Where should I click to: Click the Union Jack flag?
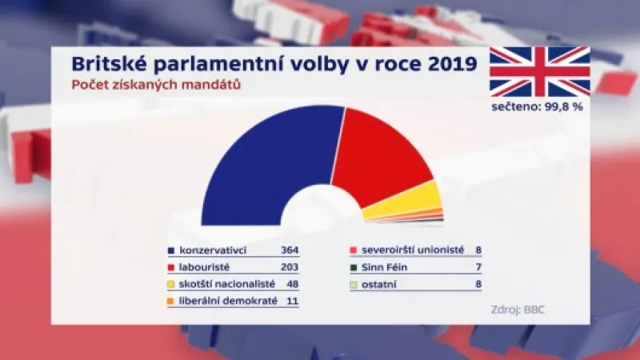coord(539,72)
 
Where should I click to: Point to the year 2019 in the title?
coord(441,63)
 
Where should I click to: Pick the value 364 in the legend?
coord(290,250)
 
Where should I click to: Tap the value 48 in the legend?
coord(292,285)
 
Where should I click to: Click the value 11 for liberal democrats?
coord(292,302)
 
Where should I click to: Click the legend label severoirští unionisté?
coord(413,250)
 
